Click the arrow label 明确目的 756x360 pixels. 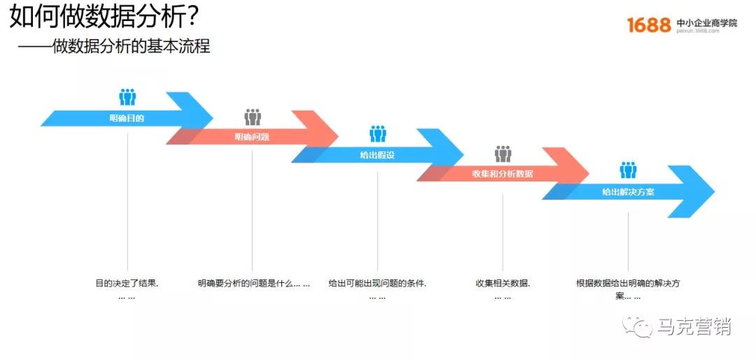(x=127, y=118)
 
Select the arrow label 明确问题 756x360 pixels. (x=252, y=137)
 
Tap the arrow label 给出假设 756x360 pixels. (x=377, y=155)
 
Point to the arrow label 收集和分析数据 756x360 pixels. (x=503, y=173)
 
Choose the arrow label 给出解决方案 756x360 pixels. (x=628, y=191)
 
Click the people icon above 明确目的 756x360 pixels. (x=127, y=97)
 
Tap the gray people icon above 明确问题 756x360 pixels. (x=253, y=116)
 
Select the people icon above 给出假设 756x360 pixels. (x=378, y=133)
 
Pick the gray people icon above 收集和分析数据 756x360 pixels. (x=503, y=153)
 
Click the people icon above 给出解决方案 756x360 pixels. (x=629, y=169)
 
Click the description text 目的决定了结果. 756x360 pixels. (x=127, y=284)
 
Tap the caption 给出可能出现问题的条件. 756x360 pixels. (x=377, y=284)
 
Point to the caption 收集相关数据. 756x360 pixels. (x=503, y=284)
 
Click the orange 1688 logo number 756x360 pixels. (x=649, y=25)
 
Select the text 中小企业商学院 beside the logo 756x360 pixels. (x=707, y=22)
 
